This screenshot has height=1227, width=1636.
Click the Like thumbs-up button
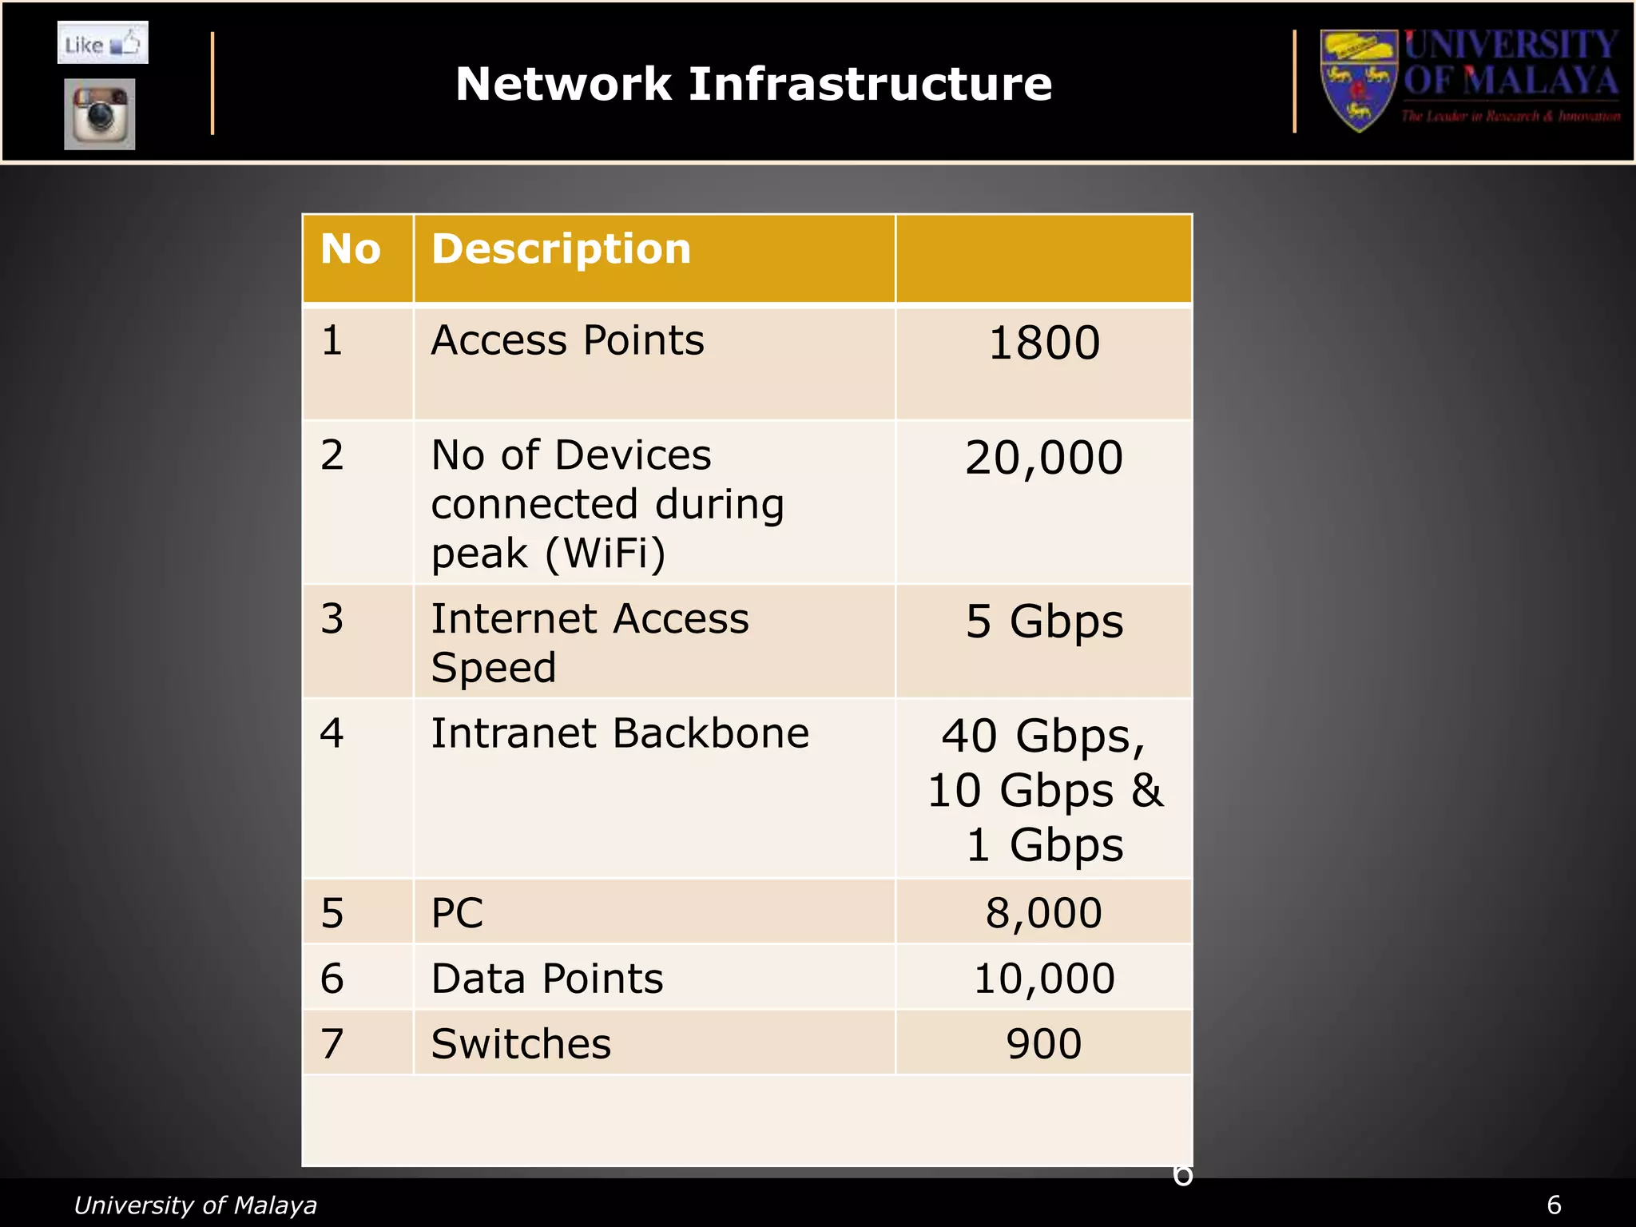coord(103,43)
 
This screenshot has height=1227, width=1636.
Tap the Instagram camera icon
coord(100,114)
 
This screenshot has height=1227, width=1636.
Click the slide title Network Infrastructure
coord(753,84)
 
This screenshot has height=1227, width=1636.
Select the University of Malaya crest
coord(1358,80)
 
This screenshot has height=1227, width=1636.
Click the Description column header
coord(561,248)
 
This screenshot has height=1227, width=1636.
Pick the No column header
coord(350,248)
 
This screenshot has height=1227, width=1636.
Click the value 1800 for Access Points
coord(1044,343)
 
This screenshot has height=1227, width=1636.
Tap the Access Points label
coord(567,340)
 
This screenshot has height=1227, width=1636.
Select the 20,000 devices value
coord(1044,458)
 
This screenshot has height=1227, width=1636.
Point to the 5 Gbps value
coord(1044,621)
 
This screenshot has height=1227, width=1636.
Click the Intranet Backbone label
coord(620,733)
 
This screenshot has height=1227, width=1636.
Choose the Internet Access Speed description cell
coord(590,642)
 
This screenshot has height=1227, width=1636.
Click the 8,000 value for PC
coord(1044,913)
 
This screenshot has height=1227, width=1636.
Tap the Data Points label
coord(547,979)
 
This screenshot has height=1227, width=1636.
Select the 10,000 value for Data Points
coord(1044,979)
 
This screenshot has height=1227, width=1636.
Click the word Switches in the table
coord(521,1044)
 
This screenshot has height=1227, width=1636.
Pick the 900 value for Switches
coord(1044,1044)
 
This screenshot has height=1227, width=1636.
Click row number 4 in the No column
coord(332,733)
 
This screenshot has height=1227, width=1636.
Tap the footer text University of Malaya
coord(195,1205)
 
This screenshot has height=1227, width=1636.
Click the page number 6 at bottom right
coord(1554,1205)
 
